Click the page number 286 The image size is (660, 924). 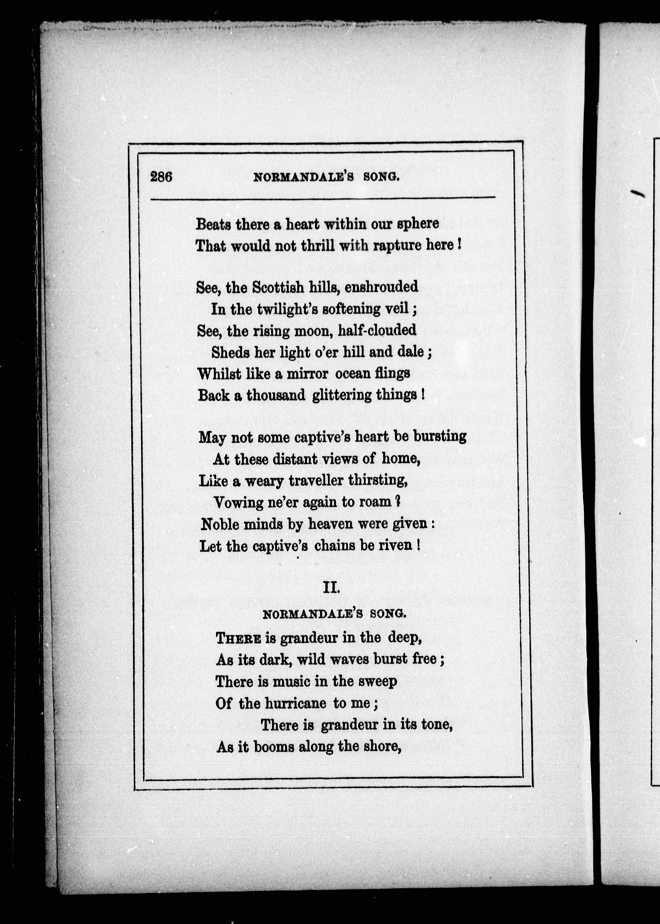click(x=161, y=177)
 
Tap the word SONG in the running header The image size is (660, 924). click(x=381, y=177)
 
